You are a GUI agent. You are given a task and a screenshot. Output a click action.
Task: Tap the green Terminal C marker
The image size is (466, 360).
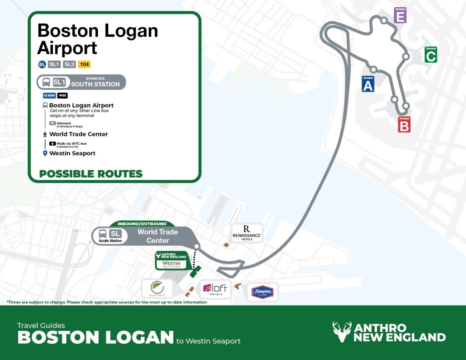[431, 55]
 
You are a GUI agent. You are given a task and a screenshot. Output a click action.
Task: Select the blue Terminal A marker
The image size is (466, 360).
[368, 84]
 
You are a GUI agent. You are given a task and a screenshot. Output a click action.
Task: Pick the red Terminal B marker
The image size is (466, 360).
[404, 124]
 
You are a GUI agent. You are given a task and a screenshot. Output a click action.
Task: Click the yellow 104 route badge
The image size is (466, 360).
[84, 64]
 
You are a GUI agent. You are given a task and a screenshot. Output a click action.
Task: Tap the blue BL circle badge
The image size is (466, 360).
[42, 64]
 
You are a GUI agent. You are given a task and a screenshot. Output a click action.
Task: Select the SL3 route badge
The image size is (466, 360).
[69, 64]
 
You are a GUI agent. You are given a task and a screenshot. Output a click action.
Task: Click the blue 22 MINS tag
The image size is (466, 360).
[49, 96]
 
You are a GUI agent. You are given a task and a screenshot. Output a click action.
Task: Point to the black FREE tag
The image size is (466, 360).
[62, 96]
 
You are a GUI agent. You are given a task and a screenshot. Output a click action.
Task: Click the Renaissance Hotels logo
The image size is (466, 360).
[247, 232]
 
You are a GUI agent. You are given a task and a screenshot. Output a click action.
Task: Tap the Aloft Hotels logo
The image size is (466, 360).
[215, 289]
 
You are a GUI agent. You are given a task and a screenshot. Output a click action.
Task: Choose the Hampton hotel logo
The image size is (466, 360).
[263, 292]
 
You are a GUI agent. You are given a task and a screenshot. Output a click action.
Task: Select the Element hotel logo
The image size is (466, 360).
[157, 289]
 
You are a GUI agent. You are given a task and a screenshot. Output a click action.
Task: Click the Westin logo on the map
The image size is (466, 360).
[172, 264]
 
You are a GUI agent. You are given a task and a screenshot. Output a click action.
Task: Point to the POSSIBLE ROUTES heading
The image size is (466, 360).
[91, 174]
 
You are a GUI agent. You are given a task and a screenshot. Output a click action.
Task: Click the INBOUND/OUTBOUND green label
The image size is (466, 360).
[142, 223]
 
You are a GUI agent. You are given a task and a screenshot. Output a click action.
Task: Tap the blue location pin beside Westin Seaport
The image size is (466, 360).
[45, 153]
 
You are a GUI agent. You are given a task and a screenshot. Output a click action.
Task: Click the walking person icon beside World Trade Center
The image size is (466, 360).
[45, 134]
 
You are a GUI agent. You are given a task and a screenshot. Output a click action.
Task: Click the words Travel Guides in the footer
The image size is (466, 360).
[41, 325]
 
